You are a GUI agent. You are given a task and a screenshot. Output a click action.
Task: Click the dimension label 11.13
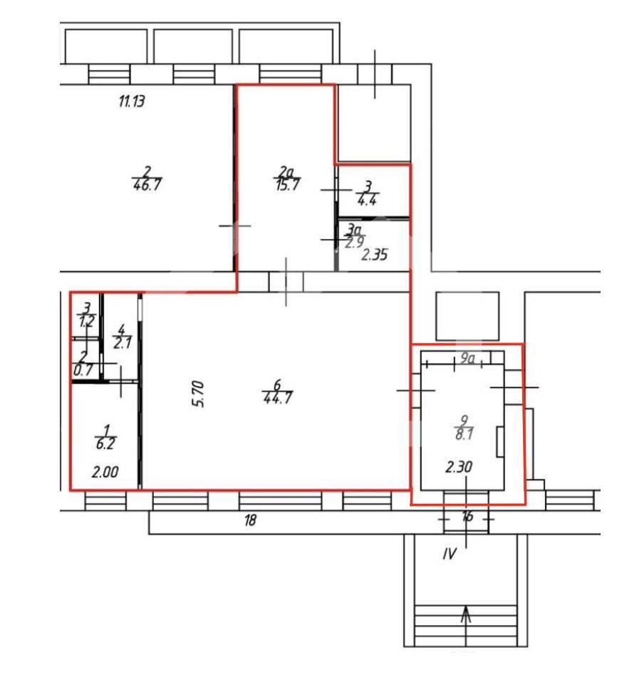132,101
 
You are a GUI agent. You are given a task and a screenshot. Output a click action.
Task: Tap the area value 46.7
147,185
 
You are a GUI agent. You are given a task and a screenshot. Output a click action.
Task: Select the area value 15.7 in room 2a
288,185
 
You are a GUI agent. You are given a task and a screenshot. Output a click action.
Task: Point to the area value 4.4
367,200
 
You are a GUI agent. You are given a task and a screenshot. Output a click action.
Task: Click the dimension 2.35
374,255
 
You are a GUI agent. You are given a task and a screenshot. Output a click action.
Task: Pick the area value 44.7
278,397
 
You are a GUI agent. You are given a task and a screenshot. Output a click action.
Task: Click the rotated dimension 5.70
198,394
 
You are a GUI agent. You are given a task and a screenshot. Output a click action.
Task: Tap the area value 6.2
105,443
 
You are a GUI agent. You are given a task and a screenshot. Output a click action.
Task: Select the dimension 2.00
105,472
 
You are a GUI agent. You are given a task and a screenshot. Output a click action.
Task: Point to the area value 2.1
123,343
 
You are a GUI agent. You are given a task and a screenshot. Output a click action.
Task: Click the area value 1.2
86,320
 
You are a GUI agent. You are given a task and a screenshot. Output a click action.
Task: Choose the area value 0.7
83,370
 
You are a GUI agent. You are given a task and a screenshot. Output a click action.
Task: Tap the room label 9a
467,358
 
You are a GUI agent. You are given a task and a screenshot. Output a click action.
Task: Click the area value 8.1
464,434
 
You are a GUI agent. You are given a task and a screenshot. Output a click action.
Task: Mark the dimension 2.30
459,467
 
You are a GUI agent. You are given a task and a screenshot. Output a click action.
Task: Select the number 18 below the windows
250,520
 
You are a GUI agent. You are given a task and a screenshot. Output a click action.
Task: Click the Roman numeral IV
450,554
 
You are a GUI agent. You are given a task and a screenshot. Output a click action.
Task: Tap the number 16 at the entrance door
467,516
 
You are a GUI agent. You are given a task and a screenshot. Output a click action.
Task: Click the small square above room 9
467,316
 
